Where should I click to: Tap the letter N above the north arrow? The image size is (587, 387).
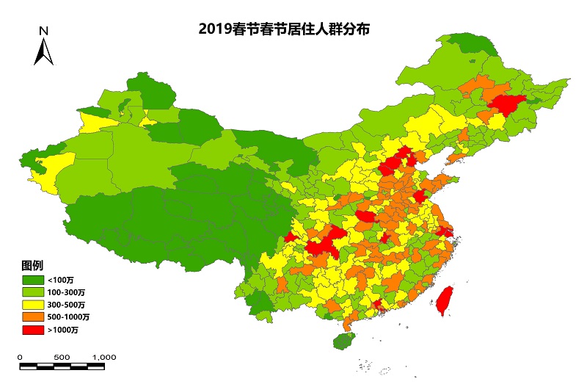tap(44, 31)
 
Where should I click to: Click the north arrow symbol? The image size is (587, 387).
tap(44, 51)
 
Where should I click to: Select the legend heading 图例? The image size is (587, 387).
tap(30, 264)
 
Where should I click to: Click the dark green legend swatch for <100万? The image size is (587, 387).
tap(32, 281)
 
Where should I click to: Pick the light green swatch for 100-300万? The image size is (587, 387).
tap(32, 292)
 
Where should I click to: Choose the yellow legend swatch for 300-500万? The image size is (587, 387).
tap(32, 305)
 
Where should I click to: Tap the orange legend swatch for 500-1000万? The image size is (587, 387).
tap(32, 317)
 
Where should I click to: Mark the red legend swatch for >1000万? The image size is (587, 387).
tap(32, 330)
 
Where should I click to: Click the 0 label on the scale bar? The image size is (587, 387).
tap(20, 357)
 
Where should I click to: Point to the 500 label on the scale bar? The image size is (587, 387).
tap(62, 357)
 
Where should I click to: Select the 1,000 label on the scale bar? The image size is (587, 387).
tap(104, 357)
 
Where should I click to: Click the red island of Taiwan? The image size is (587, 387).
tap(443, 301)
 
